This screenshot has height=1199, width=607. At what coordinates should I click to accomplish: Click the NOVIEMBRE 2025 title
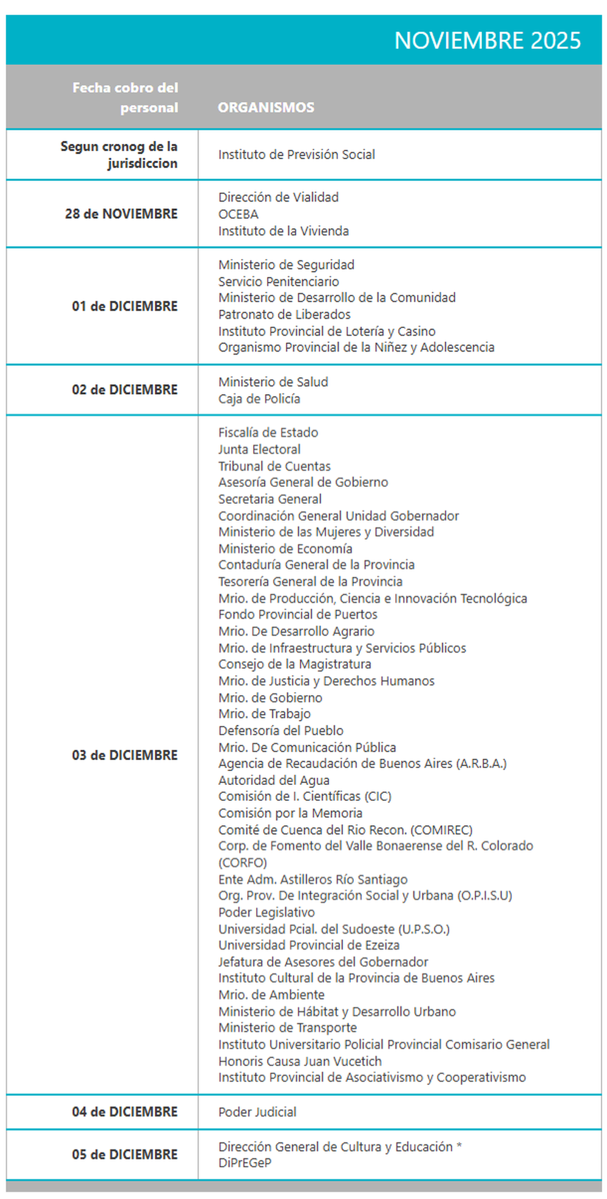pos(487,41)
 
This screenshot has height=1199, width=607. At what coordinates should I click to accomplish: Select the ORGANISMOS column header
pos(266,107)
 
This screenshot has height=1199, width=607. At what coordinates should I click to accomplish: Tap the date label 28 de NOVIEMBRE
pos(121,214)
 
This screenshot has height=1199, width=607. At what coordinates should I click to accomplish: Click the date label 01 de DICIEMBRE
pos(124,306)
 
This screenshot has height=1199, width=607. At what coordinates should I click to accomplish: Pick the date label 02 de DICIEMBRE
pos(124,390)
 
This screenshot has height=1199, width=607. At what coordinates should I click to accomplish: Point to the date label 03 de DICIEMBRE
pos(124,755)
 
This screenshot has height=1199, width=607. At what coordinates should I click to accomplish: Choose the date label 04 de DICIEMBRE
pos(124,1112)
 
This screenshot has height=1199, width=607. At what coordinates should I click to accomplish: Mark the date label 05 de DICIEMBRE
pos(124,1154)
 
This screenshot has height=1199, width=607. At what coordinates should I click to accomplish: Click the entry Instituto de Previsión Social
pos(296,155)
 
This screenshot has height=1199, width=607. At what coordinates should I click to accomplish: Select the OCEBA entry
pos(239,214)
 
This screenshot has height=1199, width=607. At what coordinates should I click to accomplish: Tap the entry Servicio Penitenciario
pos(279,282)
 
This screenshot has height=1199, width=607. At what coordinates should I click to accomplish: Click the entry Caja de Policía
pos(259,399)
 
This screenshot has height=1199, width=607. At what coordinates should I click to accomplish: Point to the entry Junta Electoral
pos(259,449)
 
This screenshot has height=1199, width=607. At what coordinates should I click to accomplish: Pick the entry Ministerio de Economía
pos(285,549)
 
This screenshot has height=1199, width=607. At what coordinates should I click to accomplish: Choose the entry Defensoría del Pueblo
pos(281,730)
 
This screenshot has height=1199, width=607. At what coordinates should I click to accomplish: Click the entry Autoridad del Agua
pos(274,780)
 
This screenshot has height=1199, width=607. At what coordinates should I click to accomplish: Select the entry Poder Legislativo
pos(266,912)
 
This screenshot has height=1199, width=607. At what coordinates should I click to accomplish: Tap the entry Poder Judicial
pos(257,1112)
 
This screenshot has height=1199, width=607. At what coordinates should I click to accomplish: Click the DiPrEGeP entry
pos(245,1163)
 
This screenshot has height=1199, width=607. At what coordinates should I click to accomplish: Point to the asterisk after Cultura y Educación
pos(459,1146)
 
